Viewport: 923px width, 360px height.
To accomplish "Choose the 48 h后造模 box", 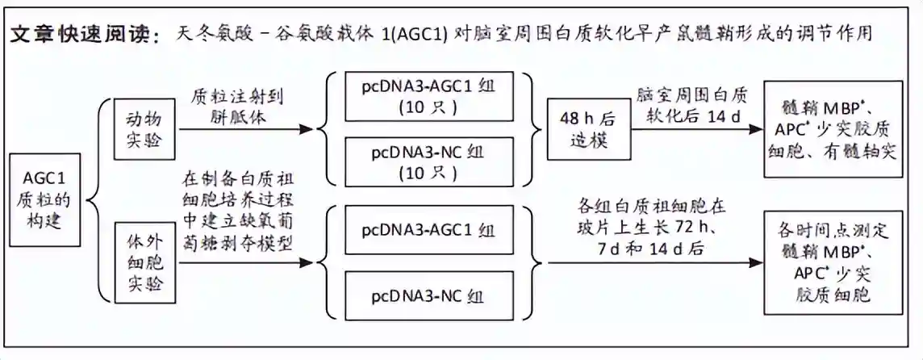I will point(577,128).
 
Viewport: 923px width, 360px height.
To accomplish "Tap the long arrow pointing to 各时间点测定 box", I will point(654,263).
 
